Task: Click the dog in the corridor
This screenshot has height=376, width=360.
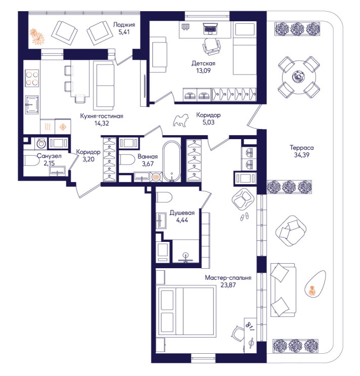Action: pyautogui.click(x=181, y=120)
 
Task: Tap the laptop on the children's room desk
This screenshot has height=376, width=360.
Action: pyautogui.click(x=210, y=28)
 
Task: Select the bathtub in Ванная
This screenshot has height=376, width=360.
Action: pyautogui.click(x=171, y=160)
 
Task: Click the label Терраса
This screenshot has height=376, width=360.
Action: pyautogui.click(x=301, y=147)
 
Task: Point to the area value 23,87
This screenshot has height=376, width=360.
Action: pyautogui.click(x=228, y=285)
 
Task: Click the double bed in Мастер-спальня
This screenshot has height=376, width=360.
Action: pyautogui.click(x=186, y=311)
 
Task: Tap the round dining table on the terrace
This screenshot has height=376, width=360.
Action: pyautogui.click(x=299, y=77)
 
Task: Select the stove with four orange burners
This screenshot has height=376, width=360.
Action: pyautogui.click(x=32, y=78)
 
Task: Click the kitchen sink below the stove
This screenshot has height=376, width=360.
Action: pyautogui.click(x=32, y=105)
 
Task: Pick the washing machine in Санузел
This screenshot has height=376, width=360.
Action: pyautogui.click(x=41, y=144)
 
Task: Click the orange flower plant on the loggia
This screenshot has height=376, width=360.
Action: pyautogui.click(x=37, y=36)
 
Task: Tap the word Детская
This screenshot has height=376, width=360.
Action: pyautogui.click(x=203, y=63)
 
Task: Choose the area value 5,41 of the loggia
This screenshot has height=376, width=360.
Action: pyautogui.click(x=124, y=32)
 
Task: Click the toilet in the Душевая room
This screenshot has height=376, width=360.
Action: pyautogui.click(x=164, y=197)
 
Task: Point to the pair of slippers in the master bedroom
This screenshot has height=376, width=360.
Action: pyautogui.click(x=245, y=216)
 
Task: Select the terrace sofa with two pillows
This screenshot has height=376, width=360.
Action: pyautogui.click(x=283, y=290)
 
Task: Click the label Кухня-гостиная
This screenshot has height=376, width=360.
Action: pyautogui.click(x=102, y=116)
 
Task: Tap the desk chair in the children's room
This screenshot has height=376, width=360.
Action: pyautogui.click(x=211, y=46)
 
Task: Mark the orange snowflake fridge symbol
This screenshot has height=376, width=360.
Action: pyautogui.click(x=63, y=127)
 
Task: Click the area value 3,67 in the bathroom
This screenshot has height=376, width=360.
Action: pyautogui.click(x=148, y=164)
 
